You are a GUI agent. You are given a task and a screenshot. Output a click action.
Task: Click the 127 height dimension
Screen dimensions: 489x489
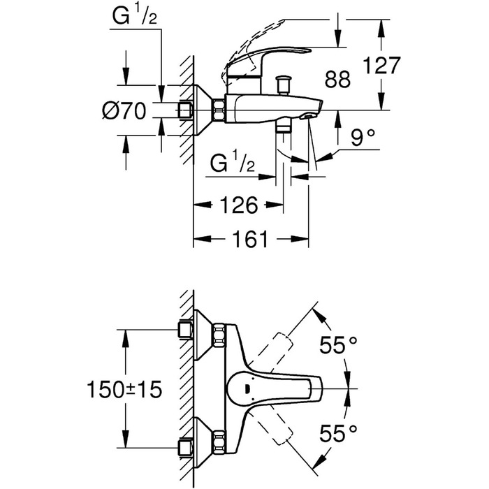[382, 66]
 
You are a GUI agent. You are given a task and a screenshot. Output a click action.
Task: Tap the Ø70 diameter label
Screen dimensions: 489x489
[126, 110]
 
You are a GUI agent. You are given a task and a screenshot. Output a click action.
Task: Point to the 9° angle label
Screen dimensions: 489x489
[363, 137]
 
